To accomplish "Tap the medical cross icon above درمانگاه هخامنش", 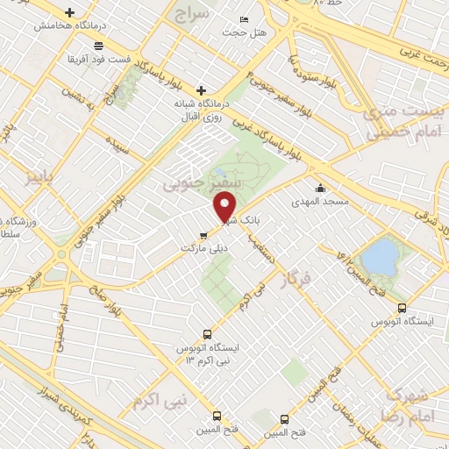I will click(70, 12).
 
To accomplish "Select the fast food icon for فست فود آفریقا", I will click(98, 45).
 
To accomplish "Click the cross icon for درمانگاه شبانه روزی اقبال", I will click(201, 89).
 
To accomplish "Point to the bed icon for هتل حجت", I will click(244, 19).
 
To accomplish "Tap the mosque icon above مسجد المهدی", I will click(321, 187).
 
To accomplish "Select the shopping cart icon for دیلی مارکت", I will click(203, 233).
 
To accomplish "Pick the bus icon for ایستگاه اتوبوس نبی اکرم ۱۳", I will click(207, 334).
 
